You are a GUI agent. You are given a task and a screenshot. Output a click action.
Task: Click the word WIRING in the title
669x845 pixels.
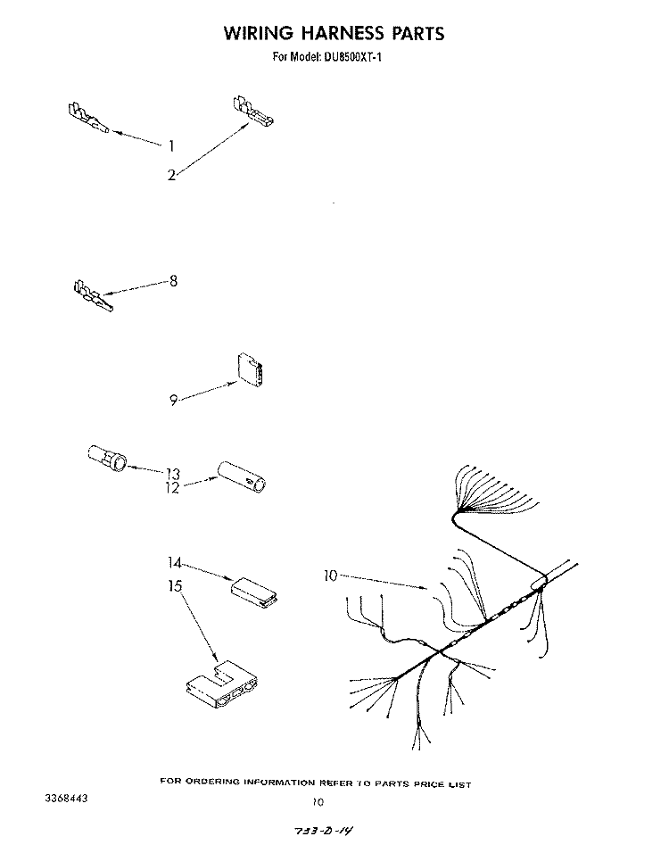pyautogui.click(x=259, y=33)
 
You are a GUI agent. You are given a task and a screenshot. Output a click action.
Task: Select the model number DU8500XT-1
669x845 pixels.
pyautogui.click(x=353, y=56)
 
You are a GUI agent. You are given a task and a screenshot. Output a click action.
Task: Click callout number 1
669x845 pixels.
pyautogui.click(x=171, y=145)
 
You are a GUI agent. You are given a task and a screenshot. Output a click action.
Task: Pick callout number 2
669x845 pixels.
pyautogui.click(x=171, y=175)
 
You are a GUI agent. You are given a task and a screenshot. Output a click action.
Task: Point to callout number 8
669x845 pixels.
pyautogui.click(x=173, y=281)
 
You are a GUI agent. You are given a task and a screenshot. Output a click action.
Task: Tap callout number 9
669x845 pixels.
pyautogui.click(x=173, y=401)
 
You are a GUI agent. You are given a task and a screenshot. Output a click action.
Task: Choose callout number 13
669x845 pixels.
pyautogui.click(x=173, y=474)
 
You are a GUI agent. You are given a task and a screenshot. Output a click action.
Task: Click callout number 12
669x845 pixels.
pyautogui.click(x=172, y=488)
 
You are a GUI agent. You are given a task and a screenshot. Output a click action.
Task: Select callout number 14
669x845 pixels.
pyautogui.click(x=175, y=563)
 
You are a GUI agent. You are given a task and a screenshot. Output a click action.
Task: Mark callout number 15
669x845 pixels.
pyautogui.click(x=175, y=585)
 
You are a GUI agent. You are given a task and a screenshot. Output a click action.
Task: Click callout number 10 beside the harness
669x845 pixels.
pyautogui.click(x=330, y=576)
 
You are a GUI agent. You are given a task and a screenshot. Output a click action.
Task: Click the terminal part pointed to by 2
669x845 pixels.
pyautogui.click(x=253, y=111)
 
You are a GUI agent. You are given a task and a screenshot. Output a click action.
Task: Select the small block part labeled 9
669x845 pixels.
pyautogui.click(x=250, y=370)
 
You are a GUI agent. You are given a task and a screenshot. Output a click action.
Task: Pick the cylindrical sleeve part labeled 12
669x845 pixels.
pyautogui.click(x=242, y=476)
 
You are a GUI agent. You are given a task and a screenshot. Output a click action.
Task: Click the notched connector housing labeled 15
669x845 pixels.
pyautogui.click(x=221, y=683)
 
